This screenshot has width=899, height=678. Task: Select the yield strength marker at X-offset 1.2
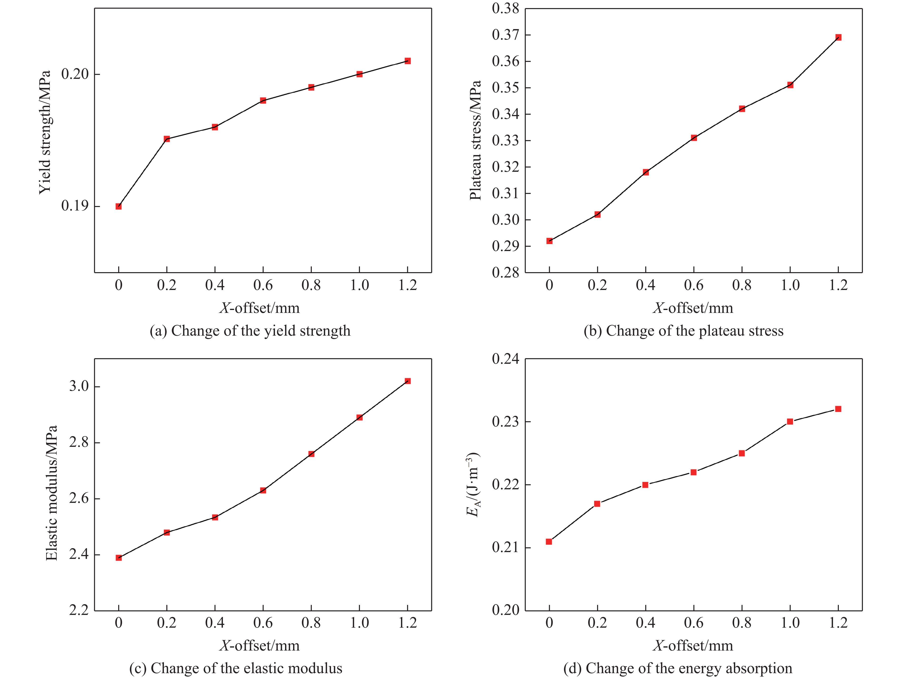(408, 61)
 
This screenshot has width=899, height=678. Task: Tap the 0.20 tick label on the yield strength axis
(75, 74)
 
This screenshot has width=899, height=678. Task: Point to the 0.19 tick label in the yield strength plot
(75, 206)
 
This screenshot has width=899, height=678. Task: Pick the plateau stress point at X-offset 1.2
(838, 37)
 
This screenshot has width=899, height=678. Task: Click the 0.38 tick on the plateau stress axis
(506, 9)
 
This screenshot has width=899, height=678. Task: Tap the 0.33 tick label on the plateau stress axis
(506, 141)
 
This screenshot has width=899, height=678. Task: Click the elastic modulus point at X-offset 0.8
(311, 454)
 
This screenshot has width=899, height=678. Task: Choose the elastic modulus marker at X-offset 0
(118, 558)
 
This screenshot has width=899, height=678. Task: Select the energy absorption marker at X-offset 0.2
(597, 504)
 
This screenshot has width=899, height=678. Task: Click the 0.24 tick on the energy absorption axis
(506, 359)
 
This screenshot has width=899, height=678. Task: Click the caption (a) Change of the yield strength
(250, 331)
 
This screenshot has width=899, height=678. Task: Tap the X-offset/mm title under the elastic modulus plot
(260, 645)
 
